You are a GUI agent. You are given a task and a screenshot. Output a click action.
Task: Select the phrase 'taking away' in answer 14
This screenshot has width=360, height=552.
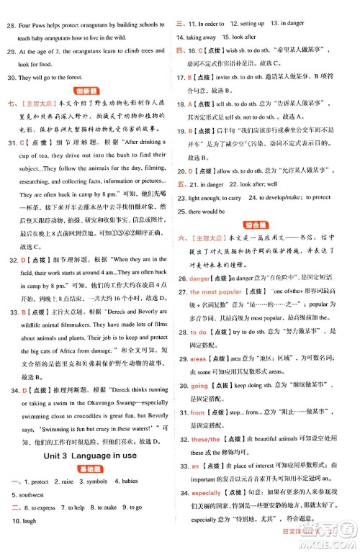click(x=201, y=37)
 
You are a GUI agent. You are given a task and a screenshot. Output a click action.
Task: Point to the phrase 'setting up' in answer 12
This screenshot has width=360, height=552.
click(x=248, y=24)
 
